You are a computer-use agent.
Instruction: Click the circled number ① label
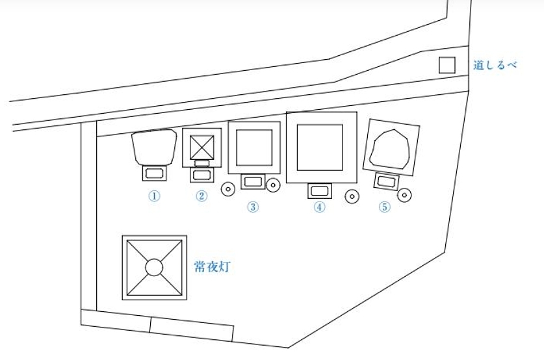155,196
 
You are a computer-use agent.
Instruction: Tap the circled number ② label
201,196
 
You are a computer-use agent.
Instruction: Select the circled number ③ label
253,207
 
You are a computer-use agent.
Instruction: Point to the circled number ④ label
320,207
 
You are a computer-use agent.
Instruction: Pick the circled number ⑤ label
384,207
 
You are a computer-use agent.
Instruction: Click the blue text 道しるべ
495,65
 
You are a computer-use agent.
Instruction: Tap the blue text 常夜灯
213,266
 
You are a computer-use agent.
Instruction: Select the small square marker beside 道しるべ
447,65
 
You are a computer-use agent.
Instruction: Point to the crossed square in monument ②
202,148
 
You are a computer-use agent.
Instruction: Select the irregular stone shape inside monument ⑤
371,153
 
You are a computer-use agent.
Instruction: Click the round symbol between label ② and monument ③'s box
228,189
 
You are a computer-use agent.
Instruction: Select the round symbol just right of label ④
352,196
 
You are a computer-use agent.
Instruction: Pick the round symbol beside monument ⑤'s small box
404,195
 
